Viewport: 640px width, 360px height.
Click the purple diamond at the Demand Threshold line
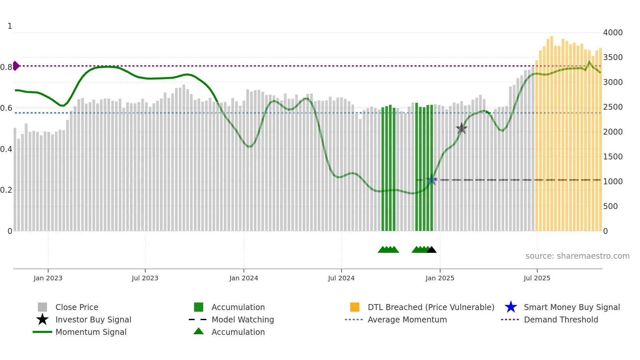pyautogui.click(x=16, y=66)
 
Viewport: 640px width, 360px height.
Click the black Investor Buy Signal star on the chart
pyautogui.click(x=461, y=128)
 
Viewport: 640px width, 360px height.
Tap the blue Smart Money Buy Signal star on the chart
pyautogui.click(x=432, y=180)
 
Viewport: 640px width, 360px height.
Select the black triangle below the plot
pyautogui.click(x=431, y=250)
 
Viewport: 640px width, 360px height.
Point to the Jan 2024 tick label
pyautogui.click(x=244, y=278)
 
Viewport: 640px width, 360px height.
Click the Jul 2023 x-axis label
pyautogui.click(x=145, y=278)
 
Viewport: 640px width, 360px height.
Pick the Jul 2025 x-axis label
pyautogui.click(x=537, y=278)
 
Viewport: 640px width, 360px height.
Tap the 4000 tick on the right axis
pyautogui.click(x=613, y=33)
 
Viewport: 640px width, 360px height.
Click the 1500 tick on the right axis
pyautogui.click(x=613, y=157)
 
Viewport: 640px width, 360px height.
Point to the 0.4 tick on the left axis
pyautogui.click(x=6, y=149)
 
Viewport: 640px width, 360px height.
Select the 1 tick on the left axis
pyautogui.click(x=10, y=26)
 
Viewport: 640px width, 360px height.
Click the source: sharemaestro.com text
pyautogui.click(x=577, y=256)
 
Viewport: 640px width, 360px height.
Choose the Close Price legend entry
pyautogui.click(x=77, y=307)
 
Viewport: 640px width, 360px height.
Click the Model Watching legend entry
pyautogui.click(x=243, y=319)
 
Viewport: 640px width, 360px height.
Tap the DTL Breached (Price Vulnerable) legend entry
pyautogui.click(x=431, y=307)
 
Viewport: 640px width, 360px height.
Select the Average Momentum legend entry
pyautogui.click(x=407, y=319)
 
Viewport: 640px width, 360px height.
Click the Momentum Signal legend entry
pyautogui.click(x=91, y=332)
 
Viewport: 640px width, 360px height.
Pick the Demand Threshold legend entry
pyautogui.click(x=561, y=319)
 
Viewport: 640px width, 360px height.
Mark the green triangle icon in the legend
pyautogui.click(x=199, y=331)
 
